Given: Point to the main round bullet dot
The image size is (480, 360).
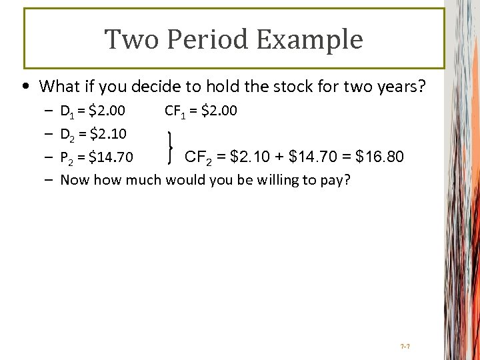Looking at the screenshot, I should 25,87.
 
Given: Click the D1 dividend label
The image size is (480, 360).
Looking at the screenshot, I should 67,111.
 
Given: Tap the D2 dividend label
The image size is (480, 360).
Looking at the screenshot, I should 67,135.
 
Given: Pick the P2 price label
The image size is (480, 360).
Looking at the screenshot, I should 67,158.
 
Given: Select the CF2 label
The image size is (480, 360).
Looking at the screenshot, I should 198,157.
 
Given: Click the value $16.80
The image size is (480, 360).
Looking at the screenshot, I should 380,157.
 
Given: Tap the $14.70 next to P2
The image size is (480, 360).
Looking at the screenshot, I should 115,158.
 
